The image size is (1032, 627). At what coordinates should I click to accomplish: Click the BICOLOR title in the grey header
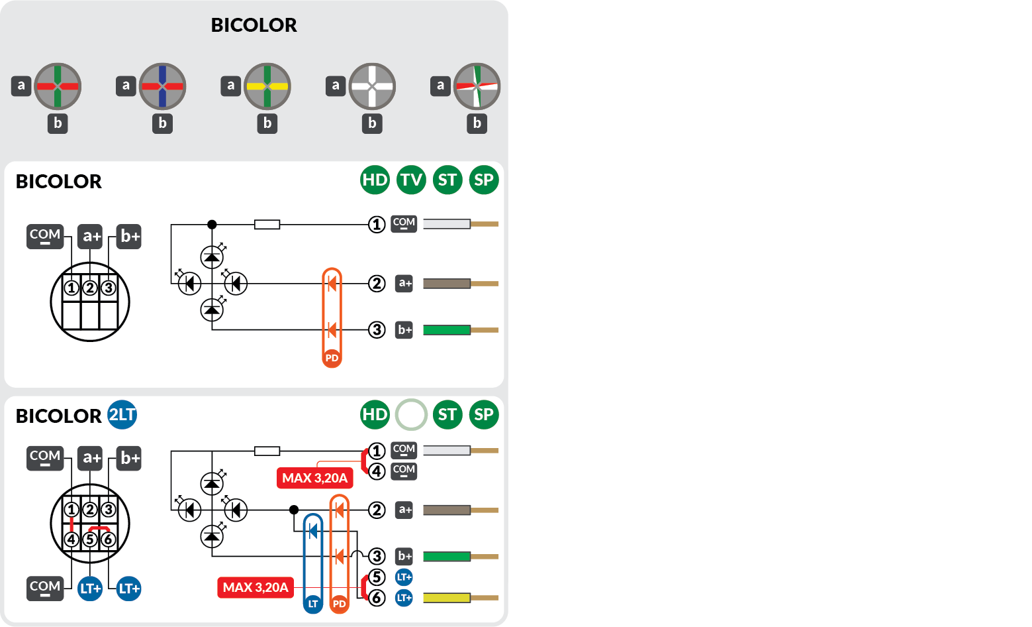coord(254,25)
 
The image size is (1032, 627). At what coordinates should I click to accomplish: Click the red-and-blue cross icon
coord(162,86)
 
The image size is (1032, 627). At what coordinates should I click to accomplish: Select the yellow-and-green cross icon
coord(267,86)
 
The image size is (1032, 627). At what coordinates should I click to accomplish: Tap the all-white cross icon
coord(372,86)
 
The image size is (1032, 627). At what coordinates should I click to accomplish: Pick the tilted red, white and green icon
coord(477,86)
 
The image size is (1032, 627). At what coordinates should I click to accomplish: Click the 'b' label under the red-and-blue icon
coord(162,123)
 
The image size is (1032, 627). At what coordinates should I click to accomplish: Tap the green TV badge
coord(411,180)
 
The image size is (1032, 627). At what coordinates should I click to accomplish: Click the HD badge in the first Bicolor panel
coord(375,180)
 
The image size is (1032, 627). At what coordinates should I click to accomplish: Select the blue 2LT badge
coord(122,415)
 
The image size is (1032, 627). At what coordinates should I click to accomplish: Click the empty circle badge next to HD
coord(411,415)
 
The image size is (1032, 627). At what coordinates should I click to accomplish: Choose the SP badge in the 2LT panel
coord(484,415)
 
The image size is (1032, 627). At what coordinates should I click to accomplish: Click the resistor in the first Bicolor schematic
coord(267,225)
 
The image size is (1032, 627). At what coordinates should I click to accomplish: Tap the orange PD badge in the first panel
coord(332,358)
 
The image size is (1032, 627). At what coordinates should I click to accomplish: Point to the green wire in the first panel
coord(447,330)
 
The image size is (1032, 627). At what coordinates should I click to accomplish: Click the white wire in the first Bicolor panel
coord(447,224)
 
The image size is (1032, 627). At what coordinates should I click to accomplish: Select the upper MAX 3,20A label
coord(314,478)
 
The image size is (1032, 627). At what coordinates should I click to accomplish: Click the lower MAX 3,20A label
coord(256,587)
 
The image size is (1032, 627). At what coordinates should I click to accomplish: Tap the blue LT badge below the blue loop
coord(313,604)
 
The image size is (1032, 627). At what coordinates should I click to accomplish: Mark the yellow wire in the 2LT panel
coord(447,598)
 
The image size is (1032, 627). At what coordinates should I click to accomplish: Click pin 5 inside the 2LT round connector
coord(90,540)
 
